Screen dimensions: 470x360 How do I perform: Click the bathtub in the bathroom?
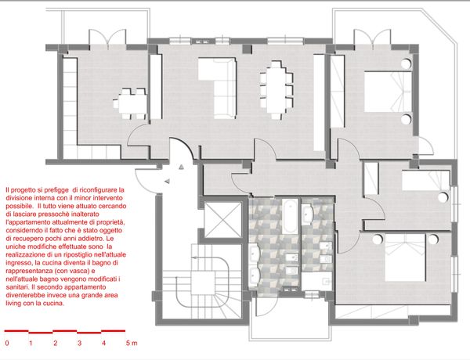click(x=290, y=217)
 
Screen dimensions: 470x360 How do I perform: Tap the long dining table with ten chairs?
click(x=276, y=90)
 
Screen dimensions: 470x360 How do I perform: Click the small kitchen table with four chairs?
click(x=129, y=103)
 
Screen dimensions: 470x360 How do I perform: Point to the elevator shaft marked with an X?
click(x=222, y=220)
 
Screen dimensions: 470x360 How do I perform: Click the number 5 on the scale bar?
click(x=128, y=343)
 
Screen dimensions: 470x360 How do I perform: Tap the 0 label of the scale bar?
click(x=7, y=343)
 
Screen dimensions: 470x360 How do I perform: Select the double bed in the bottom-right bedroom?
click(x=405, y=257)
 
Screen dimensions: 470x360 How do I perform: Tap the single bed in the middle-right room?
click(x=426, y=180)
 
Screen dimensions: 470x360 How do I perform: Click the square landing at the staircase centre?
click(x=203, y=282)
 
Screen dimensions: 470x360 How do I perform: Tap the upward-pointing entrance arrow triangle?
click(x=181, y=167)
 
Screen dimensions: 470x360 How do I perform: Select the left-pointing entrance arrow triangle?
click(x=167, y=181)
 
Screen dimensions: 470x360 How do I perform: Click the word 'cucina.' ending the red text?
click(x=54, y=303)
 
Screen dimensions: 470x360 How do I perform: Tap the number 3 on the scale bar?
click(x=79, y=343)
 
